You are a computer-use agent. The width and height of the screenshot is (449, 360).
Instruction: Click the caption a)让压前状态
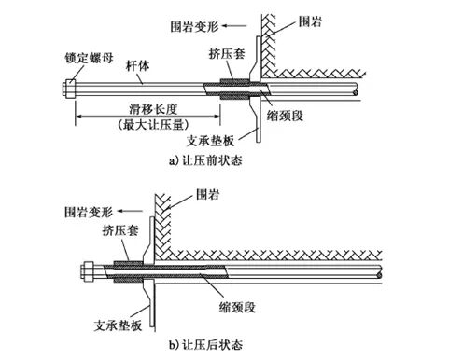pyautogui.click(x=206, y=159)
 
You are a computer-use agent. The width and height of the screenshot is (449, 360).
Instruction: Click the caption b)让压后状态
pyautogui.click(x=206, y=344)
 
